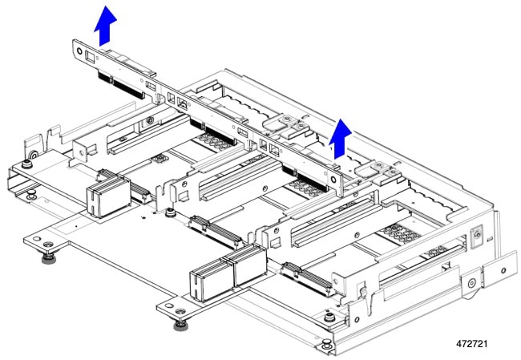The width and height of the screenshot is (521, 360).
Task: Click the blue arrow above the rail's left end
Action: tap(105, 26)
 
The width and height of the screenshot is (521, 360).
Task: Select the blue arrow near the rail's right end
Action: tap(340, 139)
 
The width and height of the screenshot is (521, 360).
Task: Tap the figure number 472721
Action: tap(472, 343)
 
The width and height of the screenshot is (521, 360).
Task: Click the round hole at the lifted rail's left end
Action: tap(79, 51)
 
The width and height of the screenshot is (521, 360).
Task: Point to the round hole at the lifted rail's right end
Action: tap(333, 180)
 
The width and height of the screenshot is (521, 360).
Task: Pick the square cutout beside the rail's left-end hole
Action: tap(90, 57)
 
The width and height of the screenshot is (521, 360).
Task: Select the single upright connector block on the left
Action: tap(109, 196)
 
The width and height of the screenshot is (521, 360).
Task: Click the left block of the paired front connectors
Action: tap(212, 279)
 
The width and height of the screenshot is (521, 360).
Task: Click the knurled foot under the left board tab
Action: tap(49, 257)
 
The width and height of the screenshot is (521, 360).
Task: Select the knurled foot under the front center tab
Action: tap(180, 325)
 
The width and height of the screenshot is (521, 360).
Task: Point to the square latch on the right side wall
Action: tap(478, 235)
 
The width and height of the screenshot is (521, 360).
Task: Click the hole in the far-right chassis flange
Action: tap(503, 270)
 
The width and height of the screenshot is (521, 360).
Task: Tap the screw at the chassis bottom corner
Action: tap(326, 342)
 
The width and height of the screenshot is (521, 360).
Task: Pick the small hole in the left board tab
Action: tap(37, 239)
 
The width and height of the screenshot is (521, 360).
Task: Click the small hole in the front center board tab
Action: tap(169, 305)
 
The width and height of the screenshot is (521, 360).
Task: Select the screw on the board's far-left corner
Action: tap(26, 164)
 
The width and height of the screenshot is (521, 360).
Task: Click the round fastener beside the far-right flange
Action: tap(471, 283)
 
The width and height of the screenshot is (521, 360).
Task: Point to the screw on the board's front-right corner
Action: tap(329, 318)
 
